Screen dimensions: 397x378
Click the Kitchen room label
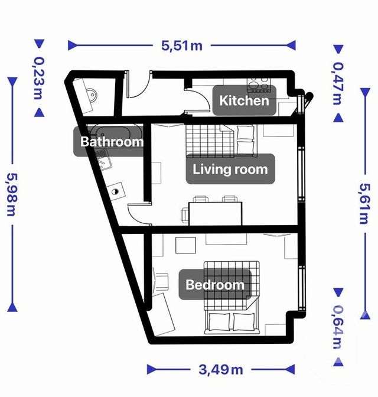pyautogui.click(x=244, y=100)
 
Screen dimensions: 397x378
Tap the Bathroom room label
pyautogui.click(x=112, y=142)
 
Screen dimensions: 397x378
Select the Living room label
pyautogui.click(x=230, y=170)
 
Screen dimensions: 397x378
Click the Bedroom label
pyautogui.click(x=215, y=285)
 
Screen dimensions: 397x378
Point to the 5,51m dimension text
pyautogui.click(x=181, y=45)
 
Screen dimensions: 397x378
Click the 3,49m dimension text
pyautogui.click(x=219, y=370)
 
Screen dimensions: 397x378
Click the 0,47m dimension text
pyautogui.click(x=338, y=83)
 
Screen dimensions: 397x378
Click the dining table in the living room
pyautogui.click(x=216, y=213)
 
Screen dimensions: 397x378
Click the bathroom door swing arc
pyautogui.click(x=139, y=211)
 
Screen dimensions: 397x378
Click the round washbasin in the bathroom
pyautogui.click(x=116, y=191)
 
